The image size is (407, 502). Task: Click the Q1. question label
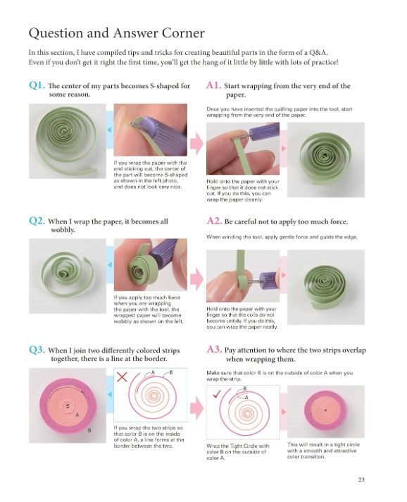(37, 85)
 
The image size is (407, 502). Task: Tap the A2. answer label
(214, 221)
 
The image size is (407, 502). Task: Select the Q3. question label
(37, 350)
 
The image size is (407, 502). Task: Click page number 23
(361, 479)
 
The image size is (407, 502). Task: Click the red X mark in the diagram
(122, 376)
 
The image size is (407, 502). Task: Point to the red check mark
(217, 394)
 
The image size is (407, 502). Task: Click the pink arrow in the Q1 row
(196, 143)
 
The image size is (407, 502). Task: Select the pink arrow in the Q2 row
(196, 279)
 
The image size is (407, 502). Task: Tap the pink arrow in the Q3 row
(196, 408)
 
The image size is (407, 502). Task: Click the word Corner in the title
(183, 33)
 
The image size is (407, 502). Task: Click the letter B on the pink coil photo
(89, 431)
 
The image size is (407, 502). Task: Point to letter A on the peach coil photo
(77, 415)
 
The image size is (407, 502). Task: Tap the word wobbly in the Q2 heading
(63, 230)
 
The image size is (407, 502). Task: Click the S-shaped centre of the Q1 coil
(64, 130)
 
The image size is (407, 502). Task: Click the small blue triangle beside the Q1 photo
(109, 130)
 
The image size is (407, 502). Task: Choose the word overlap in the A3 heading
(354, 350)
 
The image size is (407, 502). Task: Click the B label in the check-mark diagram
(245, 388)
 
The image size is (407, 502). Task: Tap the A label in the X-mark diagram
(153, 372)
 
